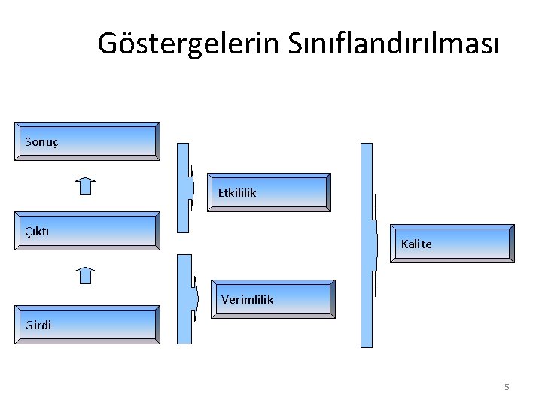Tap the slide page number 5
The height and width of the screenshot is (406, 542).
507,387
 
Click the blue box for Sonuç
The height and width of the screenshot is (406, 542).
87,141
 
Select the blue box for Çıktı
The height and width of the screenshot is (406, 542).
87,231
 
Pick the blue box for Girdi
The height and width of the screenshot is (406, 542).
87,325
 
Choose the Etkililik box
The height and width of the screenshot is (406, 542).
271,192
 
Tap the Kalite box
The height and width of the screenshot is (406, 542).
452,244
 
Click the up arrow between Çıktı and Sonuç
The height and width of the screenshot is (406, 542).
87,185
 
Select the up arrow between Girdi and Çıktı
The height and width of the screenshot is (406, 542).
87,274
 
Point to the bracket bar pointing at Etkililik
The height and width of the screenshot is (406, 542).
184,186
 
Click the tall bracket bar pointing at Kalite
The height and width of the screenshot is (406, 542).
367,244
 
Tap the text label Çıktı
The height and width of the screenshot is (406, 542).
36,230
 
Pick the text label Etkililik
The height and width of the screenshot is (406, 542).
237,193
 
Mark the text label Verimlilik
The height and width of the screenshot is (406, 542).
248,299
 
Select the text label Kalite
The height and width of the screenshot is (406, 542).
416,244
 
